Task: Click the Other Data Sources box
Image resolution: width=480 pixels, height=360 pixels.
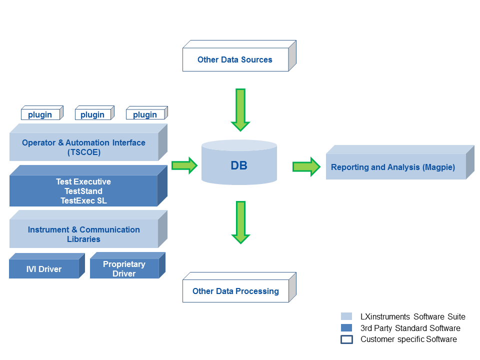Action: point(239,56)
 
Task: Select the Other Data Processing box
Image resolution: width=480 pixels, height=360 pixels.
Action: point(239,287)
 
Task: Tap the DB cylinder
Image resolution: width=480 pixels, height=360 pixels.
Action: point(239,162)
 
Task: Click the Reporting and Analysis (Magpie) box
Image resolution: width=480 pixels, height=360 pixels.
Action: point(400,162)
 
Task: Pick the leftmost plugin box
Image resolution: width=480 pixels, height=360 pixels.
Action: point(42,112)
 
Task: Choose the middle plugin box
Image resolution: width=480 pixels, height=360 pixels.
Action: point(94,112)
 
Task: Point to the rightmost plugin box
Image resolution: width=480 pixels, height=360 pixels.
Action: point(147,112)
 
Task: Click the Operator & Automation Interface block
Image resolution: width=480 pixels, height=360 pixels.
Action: point(88,142)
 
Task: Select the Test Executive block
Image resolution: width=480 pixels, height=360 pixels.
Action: point(88,186)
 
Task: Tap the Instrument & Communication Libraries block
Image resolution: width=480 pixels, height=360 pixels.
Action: point(88,229)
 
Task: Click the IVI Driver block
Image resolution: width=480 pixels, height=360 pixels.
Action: point(47,265)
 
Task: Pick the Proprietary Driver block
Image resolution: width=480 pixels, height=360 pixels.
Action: point(127,265)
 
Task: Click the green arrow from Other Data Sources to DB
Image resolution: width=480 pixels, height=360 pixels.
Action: point(240,110)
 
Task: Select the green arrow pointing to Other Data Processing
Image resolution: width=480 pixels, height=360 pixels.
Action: point(241,222)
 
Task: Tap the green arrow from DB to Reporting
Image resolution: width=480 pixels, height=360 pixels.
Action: point(306,167)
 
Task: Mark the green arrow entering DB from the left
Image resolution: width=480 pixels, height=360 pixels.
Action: point(184,165)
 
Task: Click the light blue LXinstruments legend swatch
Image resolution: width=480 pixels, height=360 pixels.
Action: point(346,316)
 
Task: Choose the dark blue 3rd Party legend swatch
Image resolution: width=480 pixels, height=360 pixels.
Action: point(346,328)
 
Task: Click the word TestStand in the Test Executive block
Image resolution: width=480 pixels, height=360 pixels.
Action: point(83,191)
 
